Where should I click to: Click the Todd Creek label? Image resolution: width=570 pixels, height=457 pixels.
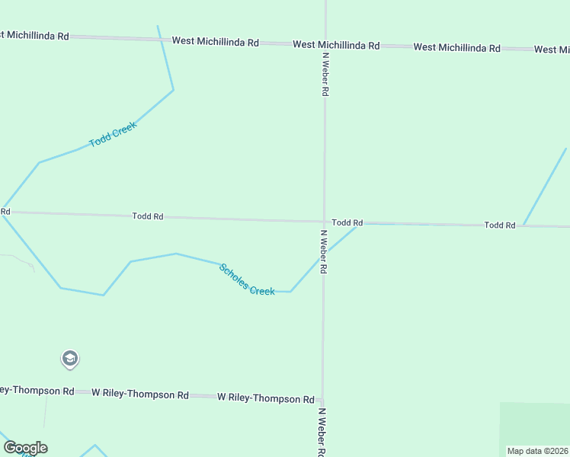112,135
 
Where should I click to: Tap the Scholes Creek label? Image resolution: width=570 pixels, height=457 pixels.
247,280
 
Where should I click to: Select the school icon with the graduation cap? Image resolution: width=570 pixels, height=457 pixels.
69,359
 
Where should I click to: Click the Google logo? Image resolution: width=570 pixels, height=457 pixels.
25,448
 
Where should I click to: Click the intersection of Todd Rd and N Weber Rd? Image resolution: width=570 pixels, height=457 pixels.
325,222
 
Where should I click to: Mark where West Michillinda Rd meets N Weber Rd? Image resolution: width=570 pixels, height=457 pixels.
325,44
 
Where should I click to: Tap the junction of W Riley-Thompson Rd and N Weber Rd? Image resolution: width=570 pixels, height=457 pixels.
323,398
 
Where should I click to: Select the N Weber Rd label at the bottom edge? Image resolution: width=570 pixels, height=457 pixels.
322,432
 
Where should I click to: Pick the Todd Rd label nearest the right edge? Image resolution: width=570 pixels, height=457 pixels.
500,225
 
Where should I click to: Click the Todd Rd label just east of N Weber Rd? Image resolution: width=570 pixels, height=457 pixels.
347,222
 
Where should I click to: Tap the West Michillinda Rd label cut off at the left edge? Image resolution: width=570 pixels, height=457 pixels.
34,36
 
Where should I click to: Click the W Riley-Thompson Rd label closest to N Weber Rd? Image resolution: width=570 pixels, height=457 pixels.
266,398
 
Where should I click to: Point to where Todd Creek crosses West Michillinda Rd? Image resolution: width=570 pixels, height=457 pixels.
160,39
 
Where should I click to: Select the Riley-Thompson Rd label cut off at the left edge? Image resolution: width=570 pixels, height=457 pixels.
37,391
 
